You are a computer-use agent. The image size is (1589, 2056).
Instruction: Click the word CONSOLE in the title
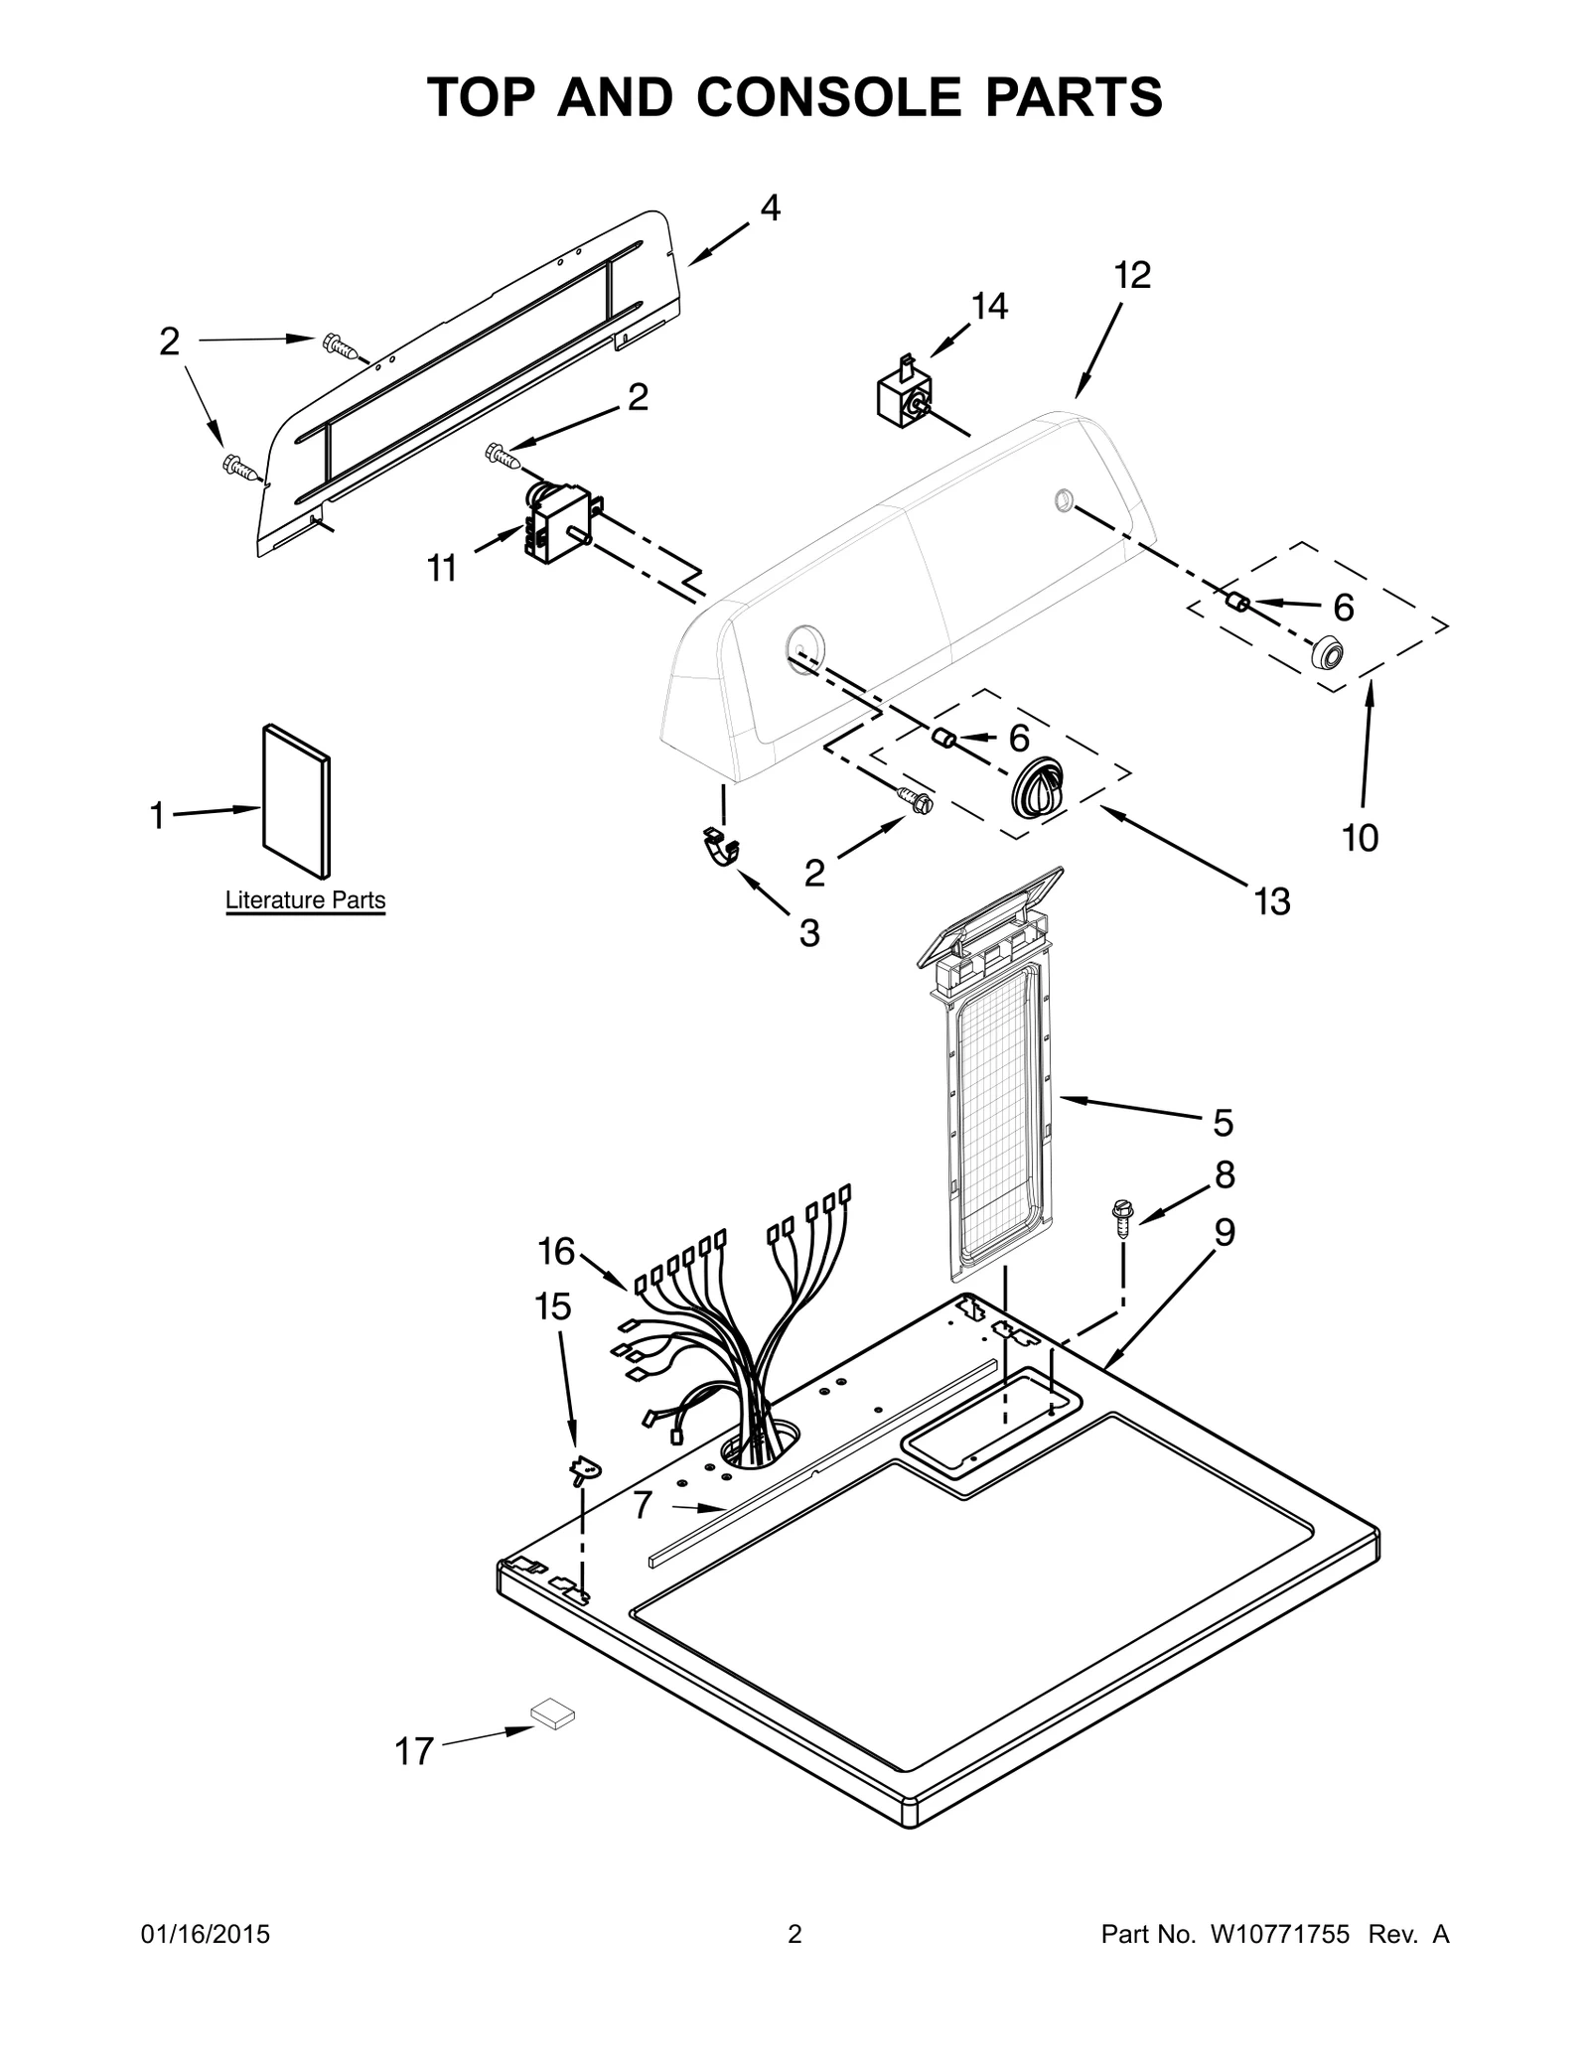click(x=829, y=97)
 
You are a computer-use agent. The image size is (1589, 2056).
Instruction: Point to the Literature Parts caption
click(x=305, y=900)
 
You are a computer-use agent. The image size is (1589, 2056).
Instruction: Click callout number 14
click(x=989, y=307)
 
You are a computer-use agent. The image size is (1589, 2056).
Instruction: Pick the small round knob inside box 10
click(x=1326, y=654)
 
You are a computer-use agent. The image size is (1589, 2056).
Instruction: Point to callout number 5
click(x=1223, y=1123)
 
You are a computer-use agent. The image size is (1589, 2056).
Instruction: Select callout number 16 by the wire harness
click(x=556, y=1252)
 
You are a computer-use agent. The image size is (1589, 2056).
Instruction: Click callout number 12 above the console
click(x=1131, y=275)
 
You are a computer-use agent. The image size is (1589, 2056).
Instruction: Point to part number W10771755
click(x=1279, y=1934)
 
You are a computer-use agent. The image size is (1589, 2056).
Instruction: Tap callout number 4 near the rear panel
click(x=770, y=207)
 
